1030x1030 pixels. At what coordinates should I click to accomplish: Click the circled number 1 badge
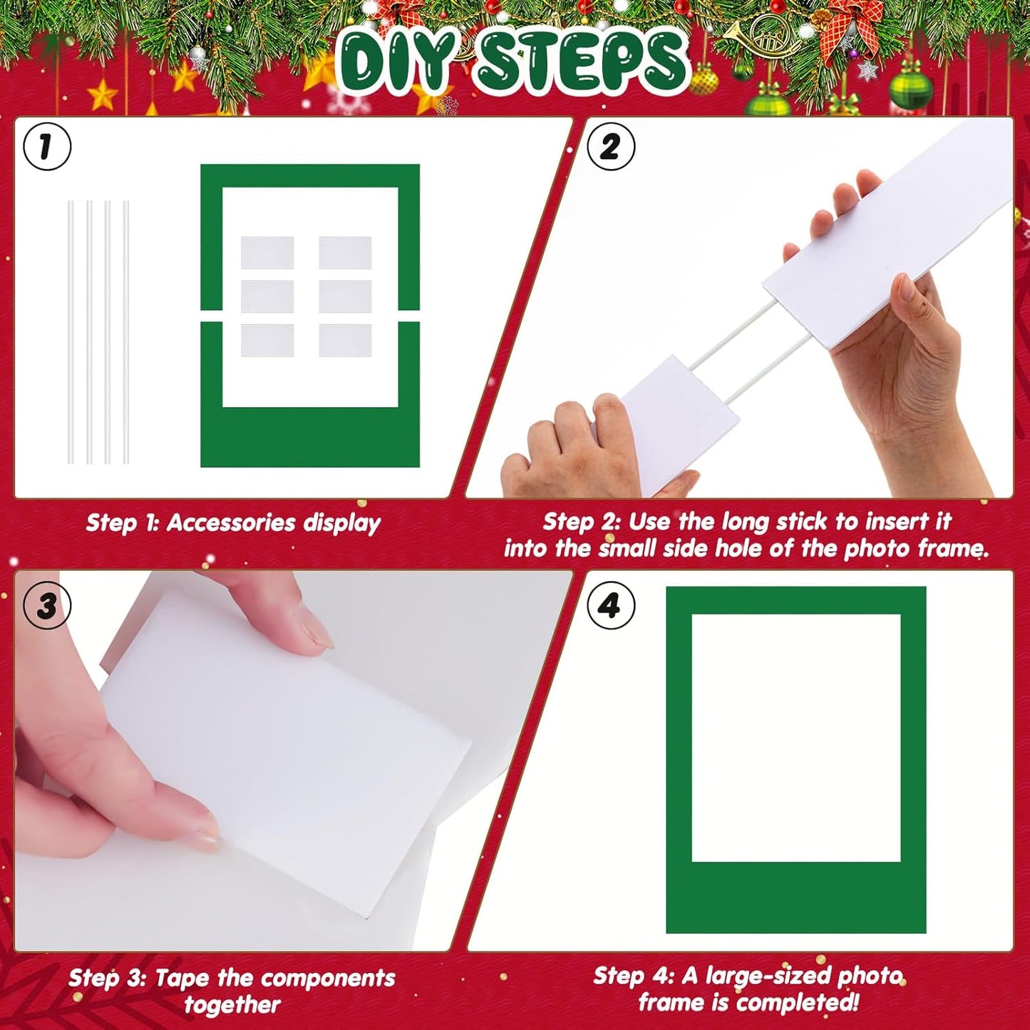[47, 147]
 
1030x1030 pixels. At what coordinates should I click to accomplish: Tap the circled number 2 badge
[610, 147]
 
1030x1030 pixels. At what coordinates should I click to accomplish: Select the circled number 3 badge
[47, 606]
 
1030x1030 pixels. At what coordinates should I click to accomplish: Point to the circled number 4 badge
[610, 606]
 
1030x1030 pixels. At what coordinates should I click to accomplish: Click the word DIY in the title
[396, 63]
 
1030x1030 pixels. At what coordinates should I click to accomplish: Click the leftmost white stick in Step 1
[71, 332]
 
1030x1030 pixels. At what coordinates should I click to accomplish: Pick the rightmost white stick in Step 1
[126, 332]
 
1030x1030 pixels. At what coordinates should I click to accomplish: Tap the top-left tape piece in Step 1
[267, 252]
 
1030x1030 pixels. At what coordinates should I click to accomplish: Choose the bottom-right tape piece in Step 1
[345, 341]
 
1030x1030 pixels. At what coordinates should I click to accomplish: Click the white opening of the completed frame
[795, 737]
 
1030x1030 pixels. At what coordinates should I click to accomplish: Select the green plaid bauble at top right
[910, 89]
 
